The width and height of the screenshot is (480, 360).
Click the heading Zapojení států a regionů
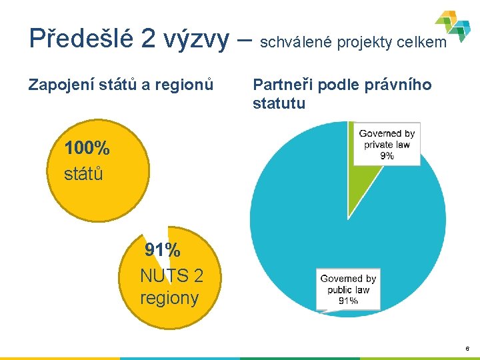pos(121,85)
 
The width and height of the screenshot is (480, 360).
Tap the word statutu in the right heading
pos(279,103)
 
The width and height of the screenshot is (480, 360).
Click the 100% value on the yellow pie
pos(87,148)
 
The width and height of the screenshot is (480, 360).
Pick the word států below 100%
pos(83,174)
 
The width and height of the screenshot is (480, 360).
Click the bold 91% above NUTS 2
pos(163,251)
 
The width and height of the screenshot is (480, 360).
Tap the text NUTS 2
pos(171,275)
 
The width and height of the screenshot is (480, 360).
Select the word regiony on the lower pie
pos(169,297)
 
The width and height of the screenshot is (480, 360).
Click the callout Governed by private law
pos(387,144)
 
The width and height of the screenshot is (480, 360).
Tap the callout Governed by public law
pos(348,289)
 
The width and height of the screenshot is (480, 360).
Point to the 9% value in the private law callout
pos(387,155)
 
